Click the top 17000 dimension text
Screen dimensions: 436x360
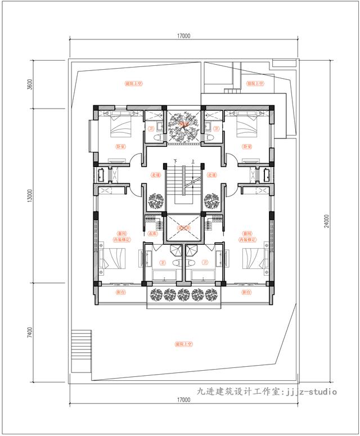click(x=183, y=35)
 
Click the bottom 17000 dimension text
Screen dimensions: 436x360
click(x=183, y=400)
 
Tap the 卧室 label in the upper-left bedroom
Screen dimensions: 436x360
click(x=120, y=147)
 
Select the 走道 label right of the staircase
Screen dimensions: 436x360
click(x=211, y=175)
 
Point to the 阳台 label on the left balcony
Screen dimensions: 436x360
click(x=120, y=293)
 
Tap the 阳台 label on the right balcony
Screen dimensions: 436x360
click(x=246, y=293)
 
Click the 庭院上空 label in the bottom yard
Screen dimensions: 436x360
click(x=183, y=343)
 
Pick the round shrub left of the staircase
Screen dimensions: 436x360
click(x=156, y=200)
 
